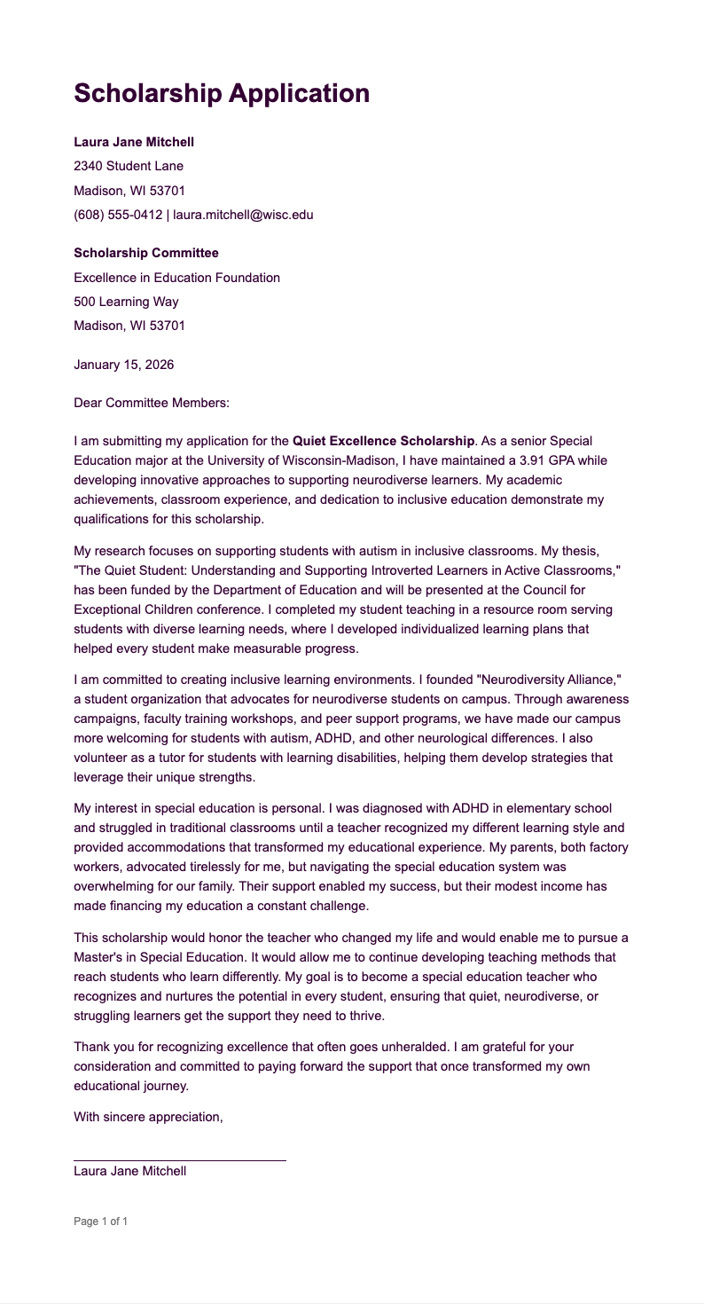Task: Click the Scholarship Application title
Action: pyautogui.click(x=222, y=93)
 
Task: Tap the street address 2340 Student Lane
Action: pyautogui.click(x=129, y=166)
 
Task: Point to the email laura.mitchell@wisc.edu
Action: pyautogui.click(x=243, y=214)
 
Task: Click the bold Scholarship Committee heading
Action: pyautogui.click(x=146, y=254)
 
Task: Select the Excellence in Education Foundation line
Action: pyautogui.click(x=176, y=278)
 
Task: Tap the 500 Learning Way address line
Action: pyautogui.click(x=126, y=302)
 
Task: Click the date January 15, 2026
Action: pyautogui.click(x=124, y=365)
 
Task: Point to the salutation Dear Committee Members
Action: pyautogui.click(x=152, y=403)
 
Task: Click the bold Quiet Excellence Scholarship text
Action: pyautogui.click(x=383, y=441)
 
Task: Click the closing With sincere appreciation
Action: pyautogui.click(x=148, y=1117)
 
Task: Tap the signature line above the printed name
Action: pyautogui.click(x=180, y=1159)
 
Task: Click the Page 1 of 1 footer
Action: pyautogui.click(x=101, y=1222)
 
